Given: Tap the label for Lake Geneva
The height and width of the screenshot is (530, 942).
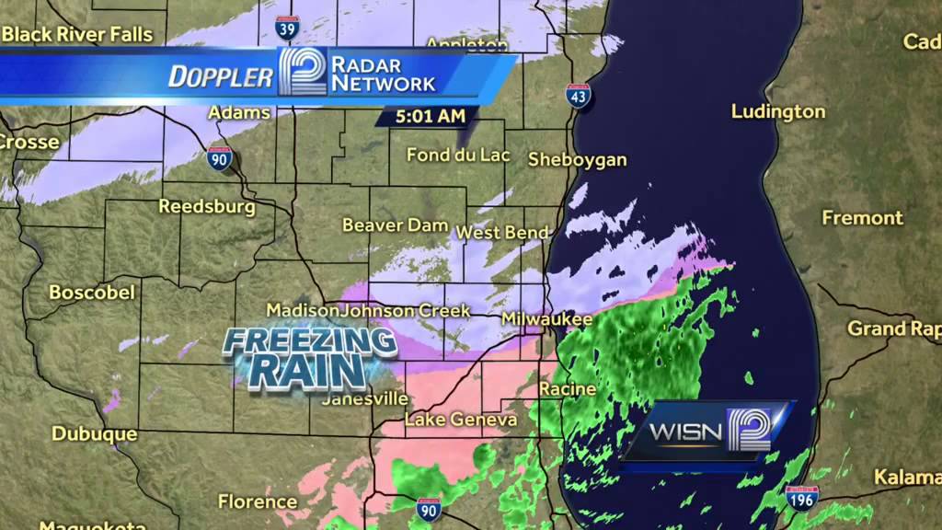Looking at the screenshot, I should point(461,420).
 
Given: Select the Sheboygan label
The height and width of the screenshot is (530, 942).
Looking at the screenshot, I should point(577,159).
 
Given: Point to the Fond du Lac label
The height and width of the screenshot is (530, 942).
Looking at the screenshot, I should point(457,155).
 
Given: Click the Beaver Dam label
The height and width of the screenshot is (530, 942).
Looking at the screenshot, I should point(395,225).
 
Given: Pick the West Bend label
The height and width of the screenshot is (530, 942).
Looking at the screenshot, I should point(502,233).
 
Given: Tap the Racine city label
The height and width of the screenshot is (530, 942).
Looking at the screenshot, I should point(568,389).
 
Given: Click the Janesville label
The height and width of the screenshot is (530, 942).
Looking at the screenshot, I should point(365,399).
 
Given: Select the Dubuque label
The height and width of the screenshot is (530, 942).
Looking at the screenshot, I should point(94,433).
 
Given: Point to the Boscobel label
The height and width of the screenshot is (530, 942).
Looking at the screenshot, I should point(91,293).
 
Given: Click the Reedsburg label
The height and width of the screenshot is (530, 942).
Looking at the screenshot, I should point(206,206).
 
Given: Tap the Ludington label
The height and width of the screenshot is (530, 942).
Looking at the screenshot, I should point(778,111).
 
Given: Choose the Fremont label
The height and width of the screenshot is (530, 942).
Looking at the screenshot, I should point(862,218).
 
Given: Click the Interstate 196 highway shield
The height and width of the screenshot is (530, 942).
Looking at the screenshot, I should point(802,499).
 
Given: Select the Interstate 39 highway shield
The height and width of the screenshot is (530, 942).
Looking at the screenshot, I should point(287,28).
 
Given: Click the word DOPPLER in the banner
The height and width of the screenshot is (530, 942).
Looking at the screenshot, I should point(221,76).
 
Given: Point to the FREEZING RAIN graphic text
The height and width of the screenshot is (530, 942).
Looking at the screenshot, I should point(310,357).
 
